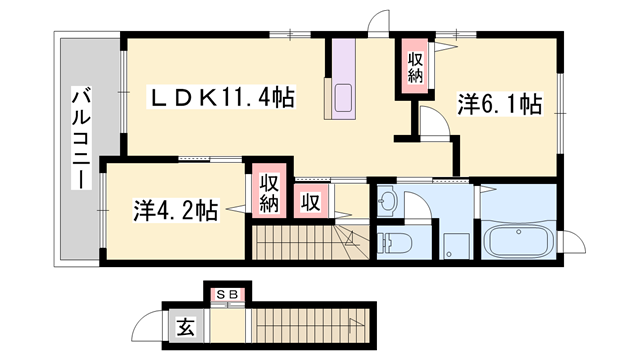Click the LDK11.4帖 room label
[x=222, y=98]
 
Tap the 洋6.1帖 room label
[x=500, y=103]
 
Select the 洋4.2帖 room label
[x=176, y=210]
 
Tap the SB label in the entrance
[x=227, y=296]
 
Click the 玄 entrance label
[x=186, y=325]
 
